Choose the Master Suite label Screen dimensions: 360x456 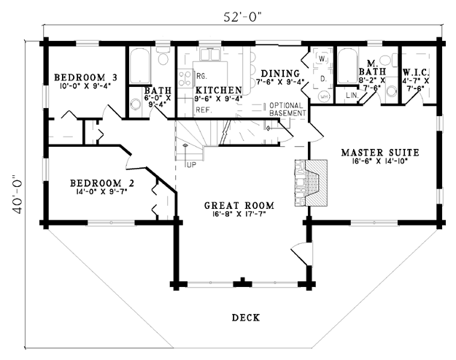pos(379,153)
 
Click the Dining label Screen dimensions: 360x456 pos(280,74)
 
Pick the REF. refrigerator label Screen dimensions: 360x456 pos(203,110)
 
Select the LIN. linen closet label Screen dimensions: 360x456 pos(351,95)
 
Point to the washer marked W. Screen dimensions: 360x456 pos(322,58)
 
